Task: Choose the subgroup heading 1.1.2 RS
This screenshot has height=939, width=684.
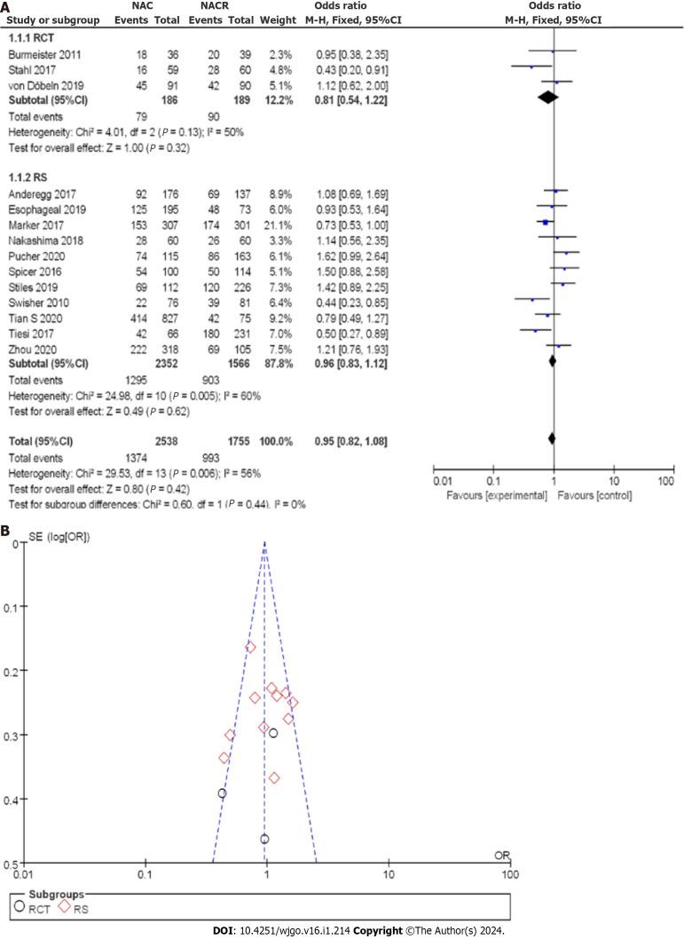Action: pyautogui.click(x=27, y=175)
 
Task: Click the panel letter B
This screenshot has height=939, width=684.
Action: pyautogui.click(x=6, y=530)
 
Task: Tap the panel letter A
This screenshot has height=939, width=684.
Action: pyautogui.click(x=6, y=6)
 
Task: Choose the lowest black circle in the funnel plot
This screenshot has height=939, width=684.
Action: pyautogui.click(x=264, y=839)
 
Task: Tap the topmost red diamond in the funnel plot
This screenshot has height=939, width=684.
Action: pyautogui.click(x=250, y=648)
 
